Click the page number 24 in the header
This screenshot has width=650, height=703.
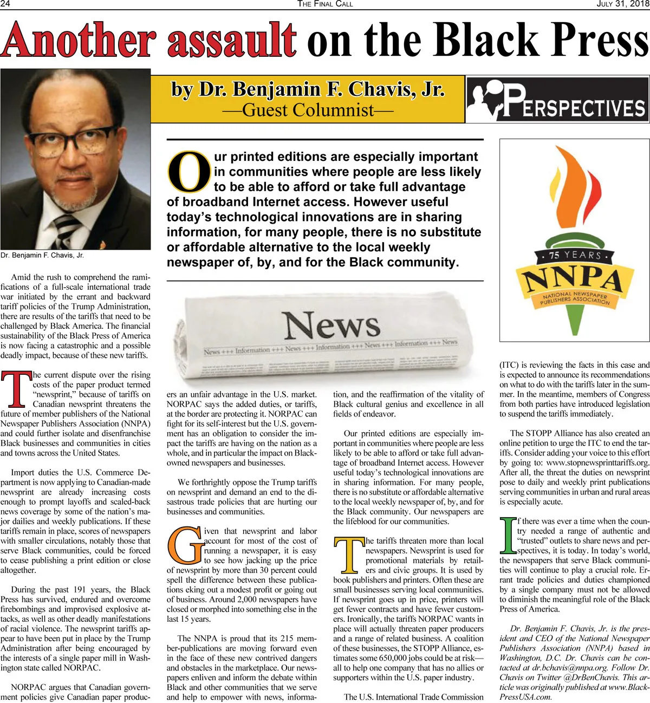6,4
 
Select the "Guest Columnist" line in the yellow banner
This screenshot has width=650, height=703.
308,110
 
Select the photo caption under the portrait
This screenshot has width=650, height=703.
42,255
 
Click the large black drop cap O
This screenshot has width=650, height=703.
188,171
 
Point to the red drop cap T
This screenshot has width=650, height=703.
16,389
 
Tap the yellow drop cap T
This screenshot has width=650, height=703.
349,555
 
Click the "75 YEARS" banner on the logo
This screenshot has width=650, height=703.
574,255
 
